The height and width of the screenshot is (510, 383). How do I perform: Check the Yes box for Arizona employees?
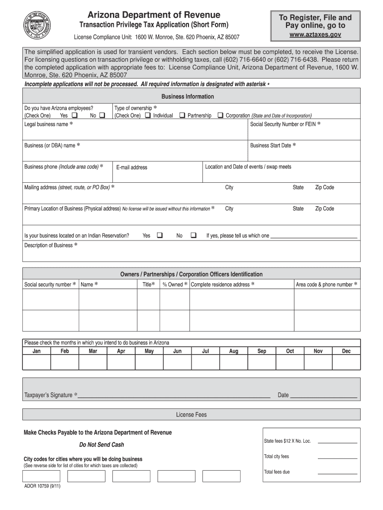point(75,116)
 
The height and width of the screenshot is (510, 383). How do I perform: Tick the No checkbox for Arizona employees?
point(102,116)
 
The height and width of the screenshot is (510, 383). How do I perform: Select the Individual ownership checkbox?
point(147,116)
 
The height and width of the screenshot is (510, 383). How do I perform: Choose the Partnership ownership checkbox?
point(182,116)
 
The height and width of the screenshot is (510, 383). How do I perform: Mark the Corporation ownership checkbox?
point(220,116)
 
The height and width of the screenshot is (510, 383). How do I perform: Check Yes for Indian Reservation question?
point(160,236)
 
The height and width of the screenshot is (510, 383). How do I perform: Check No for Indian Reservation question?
point(193,236)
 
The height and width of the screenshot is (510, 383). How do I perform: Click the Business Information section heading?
point(188,97)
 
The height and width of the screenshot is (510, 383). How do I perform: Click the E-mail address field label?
point(132,167)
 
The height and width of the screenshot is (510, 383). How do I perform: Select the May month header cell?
point(149,351)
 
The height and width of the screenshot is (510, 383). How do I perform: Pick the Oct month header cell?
point(290,351)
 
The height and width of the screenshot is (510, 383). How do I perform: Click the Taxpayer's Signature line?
point(174,397)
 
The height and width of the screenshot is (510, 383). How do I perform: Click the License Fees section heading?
point(191,414)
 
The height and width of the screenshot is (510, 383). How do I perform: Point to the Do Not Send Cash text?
point(101,445)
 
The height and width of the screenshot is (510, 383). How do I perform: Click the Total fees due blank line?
point(337,473)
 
